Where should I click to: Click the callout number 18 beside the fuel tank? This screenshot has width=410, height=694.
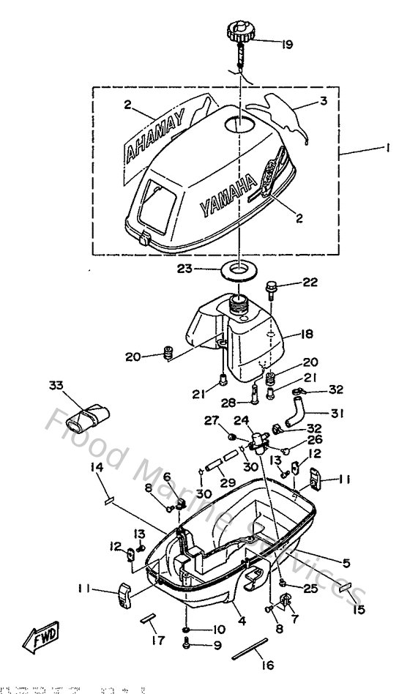pyautogui.click(x=306, y=335)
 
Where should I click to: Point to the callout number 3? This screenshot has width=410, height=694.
pyautogui.click(x=322, y=102)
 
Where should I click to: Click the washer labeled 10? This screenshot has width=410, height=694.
pyautogui.click(x=187, y=629)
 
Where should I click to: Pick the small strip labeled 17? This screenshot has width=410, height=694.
pyautogui.click(x=149, y=619)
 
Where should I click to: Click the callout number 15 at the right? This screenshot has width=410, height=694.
pyautogui.click(x=359, y=608)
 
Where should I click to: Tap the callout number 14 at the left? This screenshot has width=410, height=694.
pyautogui.click(x=97, y=467)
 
